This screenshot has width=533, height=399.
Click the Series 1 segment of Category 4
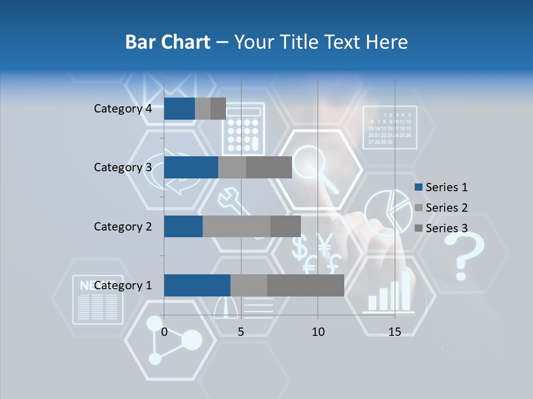[179, 109]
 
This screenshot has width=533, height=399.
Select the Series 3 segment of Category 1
[305, 285]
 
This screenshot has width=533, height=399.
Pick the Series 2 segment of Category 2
[237, 226]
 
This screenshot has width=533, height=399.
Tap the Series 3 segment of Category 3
[269, 167]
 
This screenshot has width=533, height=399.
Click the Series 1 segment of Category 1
[197, 285]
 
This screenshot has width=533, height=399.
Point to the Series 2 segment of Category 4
[203, 109]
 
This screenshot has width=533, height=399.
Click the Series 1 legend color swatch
[418, 187]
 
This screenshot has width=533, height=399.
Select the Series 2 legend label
[446, 208]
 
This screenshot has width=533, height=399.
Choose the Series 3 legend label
[446, 228]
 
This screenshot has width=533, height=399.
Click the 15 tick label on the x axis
[395, 332]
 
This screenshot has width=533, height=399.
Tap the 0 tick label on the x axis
[164, 332]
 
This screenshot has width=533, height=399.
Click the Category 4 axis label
[123, 109]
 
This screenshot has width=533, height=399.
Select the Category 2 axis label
[123, 226]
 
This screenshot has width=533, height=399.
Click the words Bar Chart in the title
[167, 42]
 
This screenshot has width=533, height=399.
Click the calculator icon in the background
[242, 131]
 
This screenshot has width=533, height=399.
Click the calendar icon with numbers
[389, 128]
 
